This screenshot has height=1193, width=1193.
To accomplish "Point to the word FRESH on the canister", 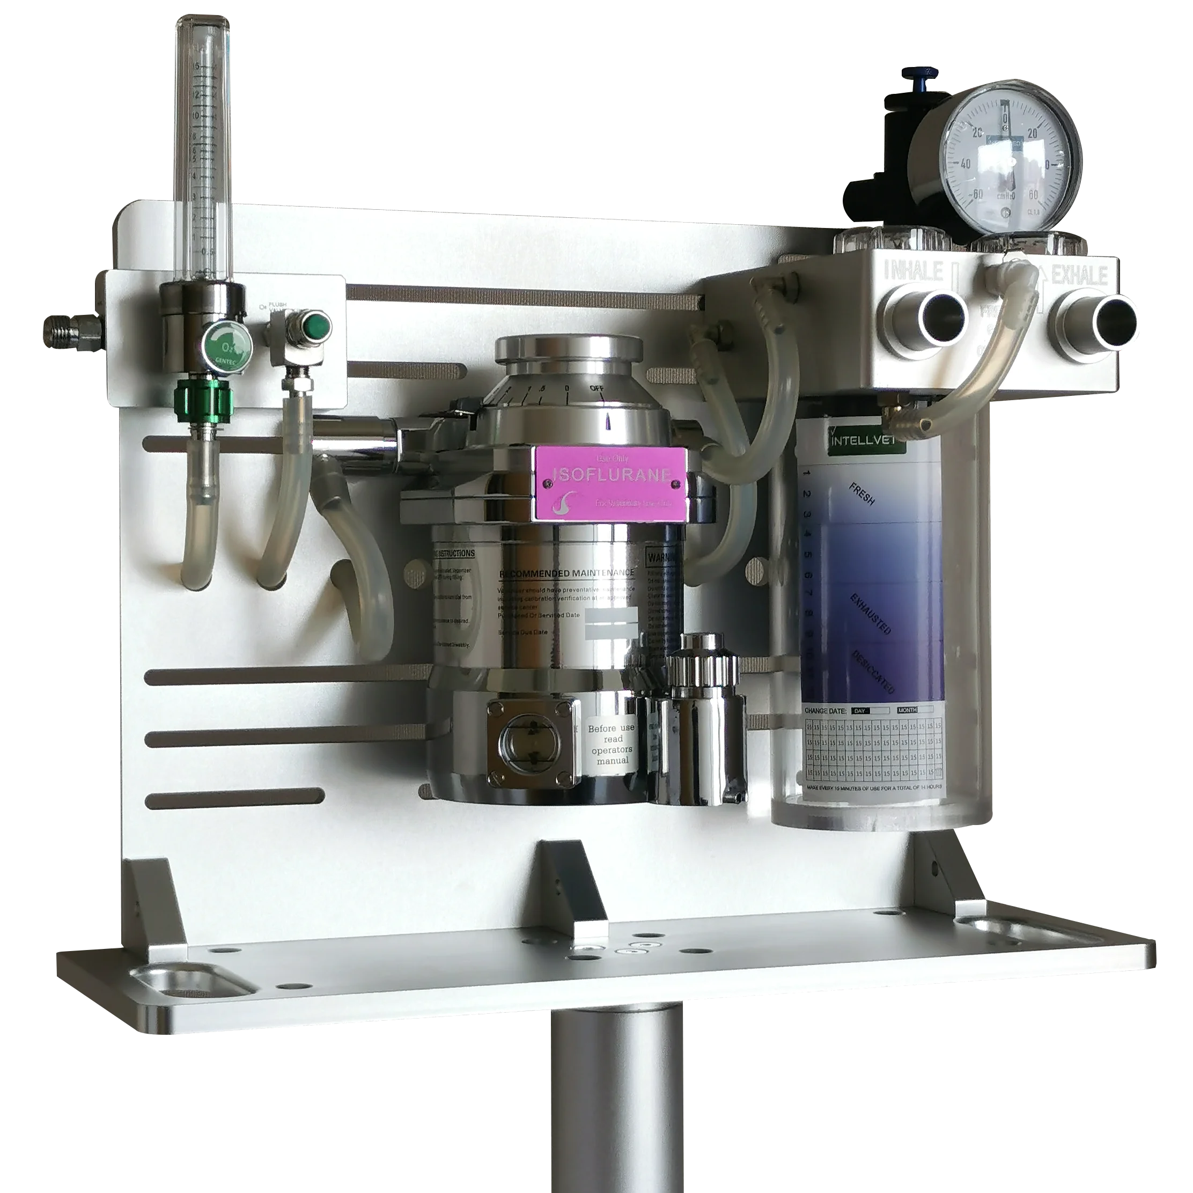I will (861, 494).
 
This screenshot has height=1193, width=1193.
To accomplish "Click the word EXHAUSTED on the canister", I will (870, 614).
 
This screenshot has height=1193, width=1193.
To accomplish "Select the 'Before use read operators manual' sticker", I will (610, 745).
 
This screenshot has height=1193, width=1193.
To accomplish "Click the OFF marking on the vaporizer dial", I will (596, 388).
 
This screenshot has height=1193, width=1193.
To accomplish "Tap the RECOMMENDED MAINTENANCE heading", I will (566, 573).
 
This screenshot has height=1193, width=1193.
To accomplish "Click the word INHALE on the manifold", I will (914, 270).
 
